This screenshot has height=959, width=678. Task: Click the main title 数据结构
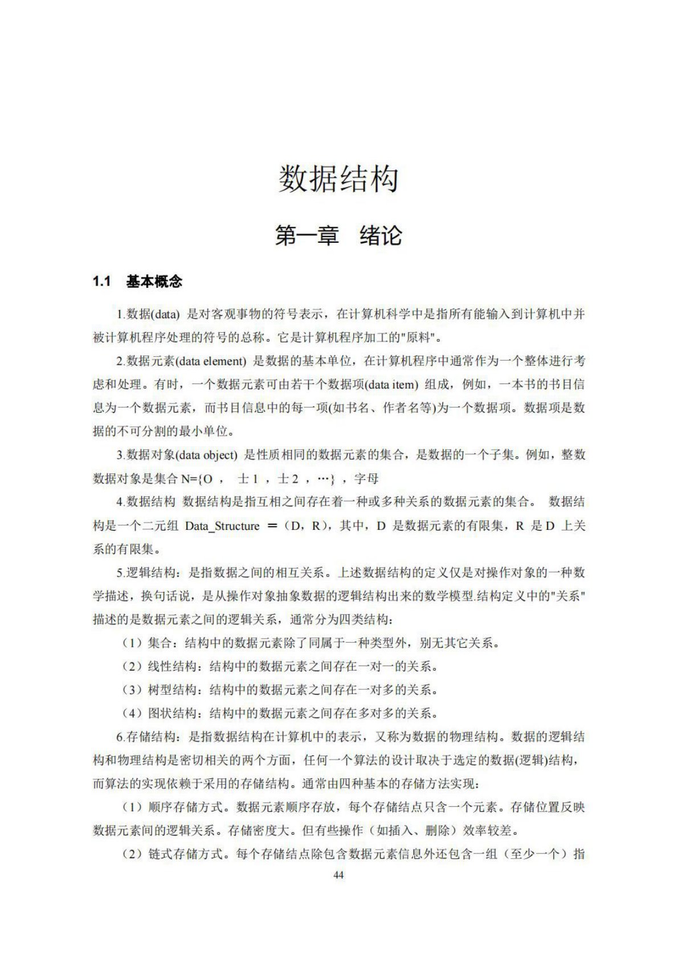coord(338,179)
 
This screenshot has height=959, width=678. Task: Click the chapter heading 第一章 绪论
coord(338,235)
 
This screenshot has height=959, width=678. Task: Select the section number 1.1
coord(101,281)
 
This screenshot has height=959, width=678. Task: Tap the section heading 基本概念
coord(154,281)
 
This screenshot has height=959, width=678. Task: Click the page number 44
coord(338,875)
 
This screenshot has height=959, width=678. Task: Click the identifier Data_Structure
coord(222,526)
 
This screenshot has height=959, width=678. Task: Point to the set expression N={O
coord(197,479)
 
